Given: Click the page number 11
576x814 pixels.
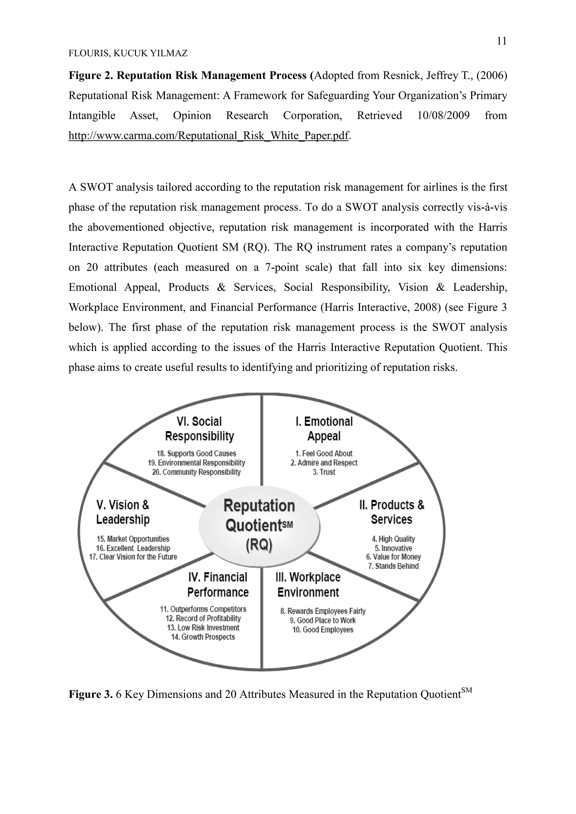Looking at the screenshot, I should [501, 42].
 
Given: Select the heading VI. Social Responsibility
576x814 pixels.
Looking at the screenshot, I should [199, 429].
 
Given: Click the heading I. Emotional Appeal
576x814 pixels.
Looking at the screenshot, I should [324, 429].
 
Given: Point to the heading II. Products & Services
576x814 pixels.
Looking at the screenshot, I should [391, 512].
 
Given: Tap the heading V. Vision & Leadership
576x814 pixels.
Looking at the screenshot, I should [123, 512].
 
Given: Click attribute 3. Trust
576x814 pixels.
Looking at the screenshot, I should [324, 472].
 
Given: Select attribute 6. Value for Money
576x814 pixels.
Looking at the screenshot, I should [393, 557].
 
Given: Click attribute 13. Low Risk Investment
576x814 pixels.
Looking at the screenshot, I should [203, 628].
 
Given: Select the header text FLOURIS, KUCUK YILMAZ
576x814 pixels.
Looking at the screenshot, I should [128, 53].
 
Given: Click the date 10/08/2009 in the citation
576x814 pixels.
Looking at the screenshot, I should [443, 116].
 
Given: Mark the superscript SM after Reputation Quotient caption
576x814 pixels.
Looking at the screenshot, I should [467, 690].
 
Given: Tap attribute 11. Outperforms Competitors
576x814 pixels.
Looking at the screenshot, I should [203, 609].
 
